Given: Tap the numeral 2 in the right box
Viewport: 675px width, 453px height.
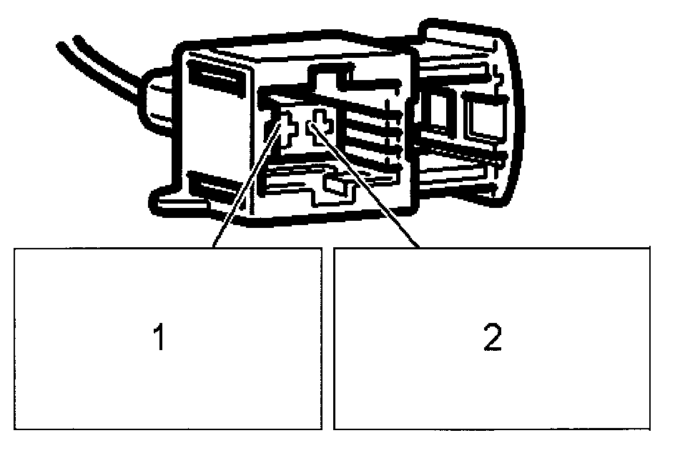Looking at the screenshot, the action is (491, 338).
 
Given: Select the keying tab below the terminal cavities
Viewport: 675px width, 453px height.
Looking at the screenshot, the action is (336, 184).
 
